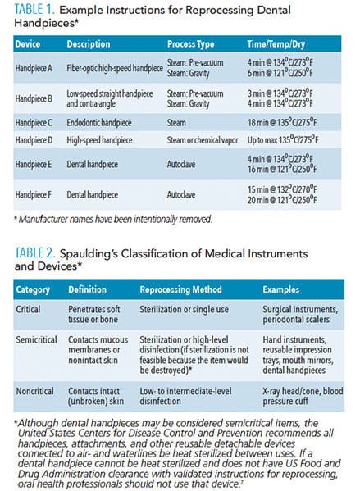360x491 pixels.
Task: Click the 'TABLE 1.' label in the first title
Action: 34,9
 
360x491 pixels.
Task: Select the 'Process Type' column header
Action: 190,44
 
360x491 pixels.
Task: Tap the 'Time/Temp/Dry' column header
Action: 276,44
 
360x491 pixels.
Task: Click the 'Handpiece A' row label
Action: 34,68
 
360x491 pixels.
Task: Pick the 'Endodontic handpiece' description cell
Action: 98,123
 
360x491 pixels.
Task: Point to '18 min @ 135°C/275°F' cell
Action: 282,122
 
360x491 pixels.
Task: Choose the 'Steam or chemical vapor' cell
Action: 203,140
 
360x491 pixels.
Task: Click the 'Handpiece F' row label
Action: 33,195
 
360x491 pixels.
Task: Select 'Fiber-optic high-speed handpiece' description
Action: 115,68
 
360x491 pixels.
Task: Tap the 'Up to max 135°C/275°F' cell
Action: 283,139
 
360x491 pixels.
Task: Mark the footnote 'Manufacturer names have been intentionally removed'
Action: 113,219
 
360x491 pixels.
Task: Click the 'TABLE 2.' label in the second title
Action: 35,253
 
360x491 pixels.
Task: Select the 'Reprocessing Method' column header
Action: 180,289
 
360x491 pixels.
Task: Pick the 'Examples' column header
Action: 280,289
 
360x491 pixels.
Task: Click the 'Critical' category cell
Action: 28,309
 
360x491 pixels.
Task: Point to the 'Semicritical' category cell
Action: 36,339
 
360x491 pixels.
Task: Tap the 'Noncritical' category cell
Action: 34,391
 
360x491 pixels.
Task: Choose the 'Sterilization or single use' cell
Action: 184,309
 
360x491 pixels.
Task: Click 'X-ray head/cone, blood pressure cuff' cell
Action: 303,396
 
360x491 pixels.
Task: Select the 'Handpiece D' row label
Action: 34,140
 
